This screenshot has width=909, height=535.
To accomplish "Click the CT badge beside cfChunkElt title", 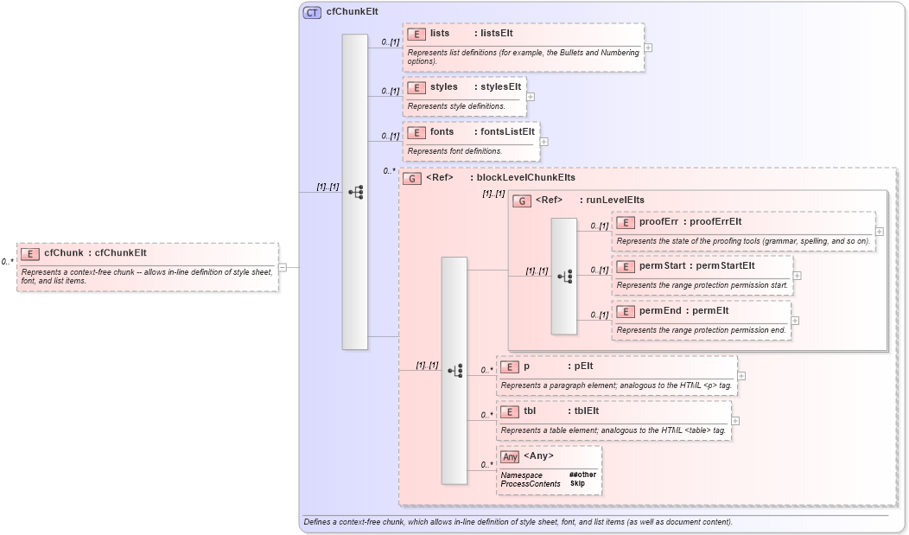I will pyautogui.click(x=312, y=12).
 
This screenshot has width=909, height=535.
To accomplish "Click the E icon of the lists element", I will pyautogui.click(x=416, y=34).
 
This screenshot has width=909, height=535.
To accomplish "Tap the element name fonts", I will pyautogui.click(x=442, y=132).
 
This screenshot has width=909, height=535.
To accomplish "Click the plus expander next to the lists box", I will pyautogui.click(x=648, y=48).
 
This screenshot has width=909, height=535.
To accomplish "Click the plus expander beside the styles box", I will pyautogui.click(x=531, y=97).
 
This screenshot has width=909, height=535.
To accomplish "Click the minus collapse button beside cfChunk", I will pyautogui.click(x=283, y=267).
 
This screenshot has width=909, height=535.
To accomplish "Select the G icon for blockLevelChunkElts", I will pyautogui.click(x=412, y=178).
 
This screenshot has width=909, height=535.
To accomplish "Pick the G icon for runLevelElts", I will pyautogui.click(x=522, y=201).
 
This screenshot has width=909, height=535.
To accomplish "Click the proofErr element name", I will pyautogui.click(x=658, y=222).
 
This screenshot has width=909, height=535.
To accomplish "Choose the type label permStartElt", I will pyautogui.click(x=725, y=265).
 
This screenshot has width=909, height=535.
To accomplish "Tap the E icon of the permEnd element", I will pyautogui.click(x=626, y=310).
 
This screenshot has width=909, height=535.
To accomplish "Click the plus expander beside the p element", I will pyautogui.click(x=741, y=376).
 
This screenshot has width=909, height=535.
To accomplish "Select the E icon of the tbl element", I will pyautogui.click(x=510, y=411).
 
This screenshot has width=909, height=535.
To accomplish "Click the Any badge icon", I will pyautogui.click(x=511, y=456).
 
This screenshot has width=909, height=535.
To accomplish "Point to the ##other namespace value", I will pyautogui.click(x=582, y=474).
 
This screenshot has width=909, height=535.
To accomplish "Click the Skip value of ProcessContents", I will pyautogui.click(x=577, y=483).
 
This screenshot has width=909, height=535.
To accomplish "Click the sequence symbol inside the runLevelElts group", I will pyautogui.click(x=564, y=277).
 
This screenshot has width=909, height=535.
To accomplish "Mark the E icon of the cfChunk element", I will pyautogui.click(x=30, y=253).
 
